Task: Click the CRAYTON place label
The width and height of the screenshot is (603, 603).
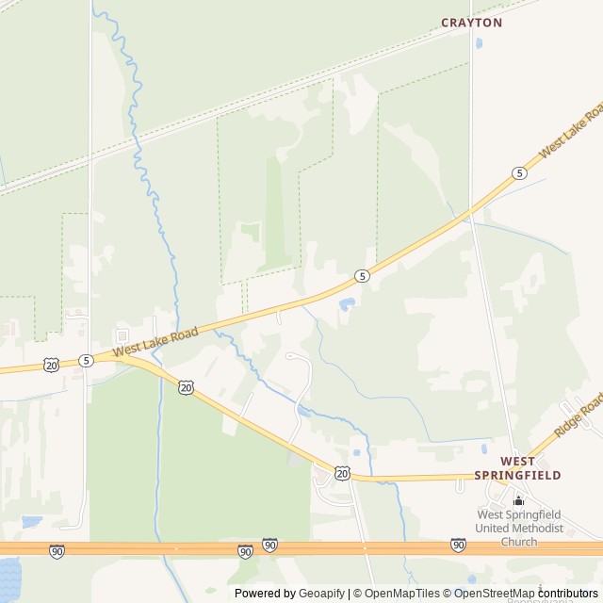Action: [x=472, y=22]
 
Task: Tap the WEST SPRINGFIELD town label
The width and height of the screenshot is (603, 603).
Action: [x=530, y=467]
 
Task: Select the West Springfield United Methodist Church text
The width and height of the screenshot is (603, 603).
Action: [x=519, y=528]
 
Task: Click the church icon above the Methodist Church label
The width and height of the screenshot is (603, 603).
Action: [x=518, y=500]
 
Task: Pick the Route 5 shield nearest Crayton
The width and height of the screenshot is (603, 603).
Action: [x=519, y=172]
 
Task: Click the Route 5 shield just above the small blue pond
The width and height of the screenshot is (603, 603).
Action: [x=362, y=275]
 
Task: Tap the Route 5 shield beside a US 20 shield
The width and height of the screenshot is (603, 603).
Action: [x=86, y=360]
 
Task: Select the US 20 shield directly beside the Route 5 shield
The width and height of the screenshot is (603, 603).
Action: [x=51, y=364]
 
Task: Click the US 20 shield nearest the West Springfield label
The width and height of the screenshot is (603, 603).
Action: [x=341, y=472]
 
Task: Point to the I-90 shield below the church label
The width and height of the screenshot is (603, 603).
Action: [x=458, y=545]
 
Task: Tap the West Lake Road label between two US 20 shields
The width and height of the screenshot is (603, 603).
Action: [x=155, y=341]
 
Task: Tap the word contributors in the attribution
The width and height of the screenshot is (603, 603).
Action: [x=568, y=593]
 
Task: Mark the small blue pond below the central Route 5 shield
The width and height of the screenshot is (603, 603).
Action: [x=346, y=304]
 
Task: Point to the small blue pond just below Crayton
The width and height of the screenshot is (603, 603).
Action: [x=480, y=43]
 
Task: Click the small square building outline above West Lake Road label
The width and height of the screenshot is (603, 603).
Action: [x=122, y=335]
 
